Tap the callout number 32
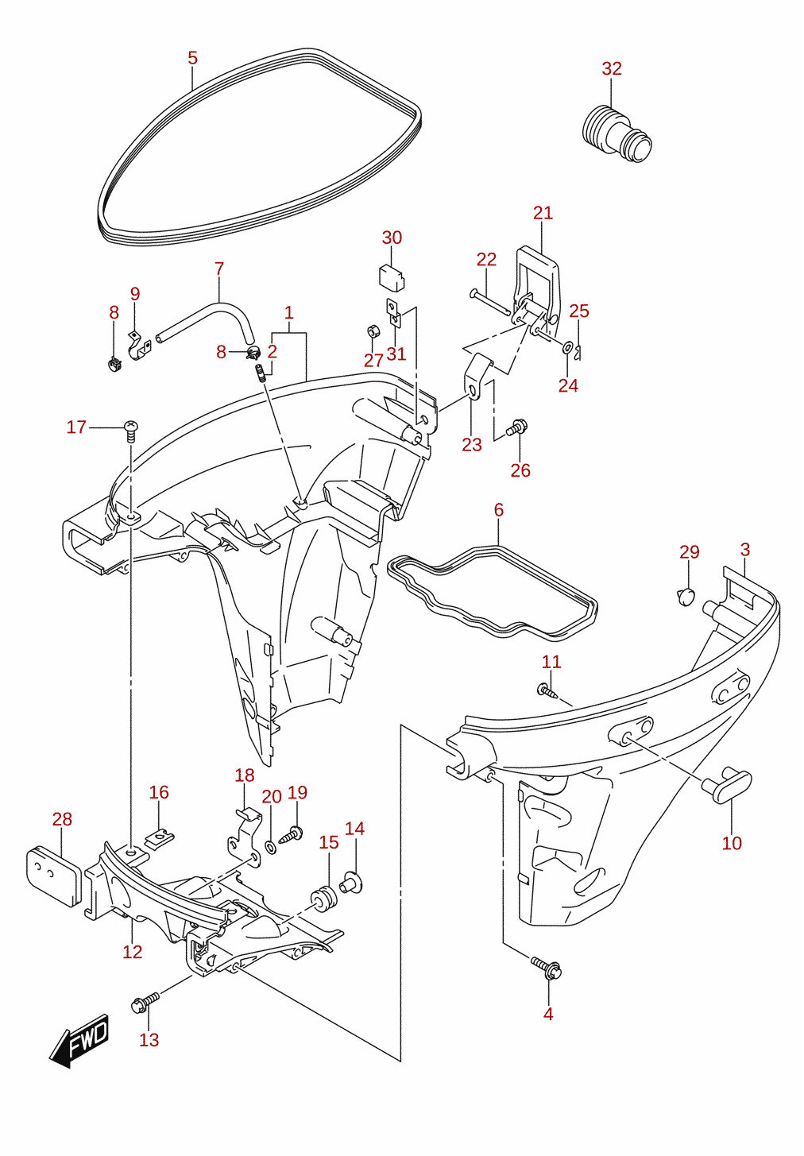tap(612, 68)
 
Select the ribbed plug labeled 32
tap(617, 133)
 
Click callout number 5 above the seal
tap(192, 58)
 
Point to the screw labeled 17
tap(131, 431)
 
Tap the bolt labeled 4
tap(547, 967)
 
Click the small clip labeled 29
tap(686, 597)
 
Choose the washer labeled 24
tap(567, 348)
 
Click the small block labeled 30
tap(392, 277)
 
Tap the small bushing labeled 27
tap(372, 331)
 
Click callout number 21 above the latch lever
tap(543, 213)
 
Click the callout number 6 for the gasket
tap(498, 510)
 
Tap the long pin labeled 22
tap(489, 303)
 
